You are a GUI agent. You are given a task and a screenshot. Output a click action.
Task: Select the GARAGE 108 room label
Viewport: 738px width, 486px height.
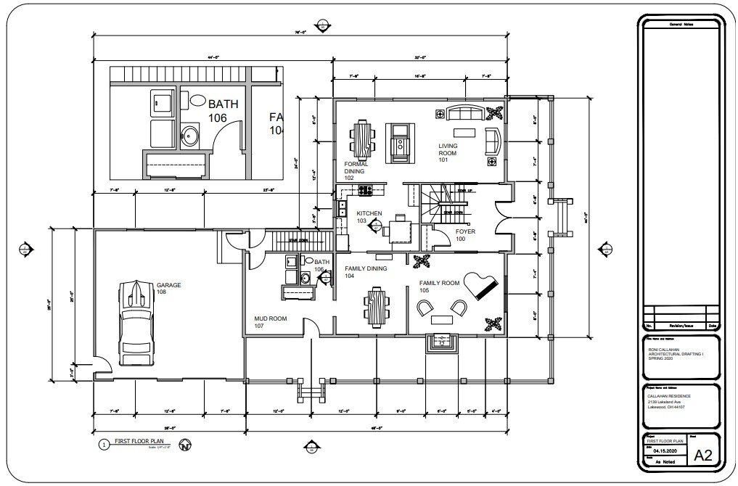tap(169, 289)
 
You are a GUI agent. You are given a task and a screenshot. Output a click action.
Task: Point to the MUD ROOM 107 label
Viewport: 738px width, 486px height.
tap(270, 322)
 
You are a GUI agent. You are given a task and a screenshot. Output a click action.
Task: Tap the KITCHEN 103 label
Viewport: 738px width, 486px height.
tap(369, 217)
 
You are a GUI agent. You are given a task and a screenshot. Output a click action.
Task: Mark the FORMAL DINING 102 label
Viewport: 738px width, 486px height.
tap(356, 171)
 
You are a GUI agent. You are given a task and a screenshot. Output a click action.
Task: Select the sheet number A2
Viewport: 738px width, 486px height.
tap(702, 455)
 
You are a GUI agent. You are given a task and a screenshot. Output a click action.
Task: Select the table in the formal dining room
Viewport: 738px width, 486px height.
tap(363, 140)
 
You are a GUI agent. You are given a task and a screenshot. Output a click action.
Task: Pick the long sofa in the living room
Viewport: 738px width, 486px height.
tap(465, 112)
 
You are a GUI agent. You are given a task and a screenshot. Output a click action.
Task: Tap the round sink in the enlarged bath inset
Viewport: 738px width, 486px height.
tap(190, 135)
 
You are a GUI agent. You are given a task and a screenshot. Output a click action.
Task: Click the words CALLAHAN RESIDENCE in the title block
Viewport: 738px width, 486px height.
tap(669, 395)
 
